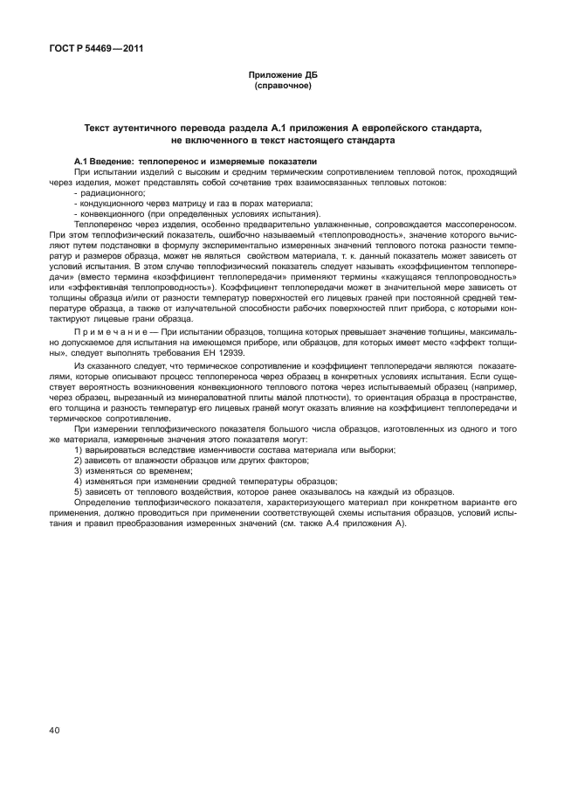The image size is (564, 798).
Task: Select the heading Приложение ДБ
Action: (x=282, y=77)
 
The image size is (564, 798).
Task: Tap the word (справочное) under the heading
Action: (x=282, y=87)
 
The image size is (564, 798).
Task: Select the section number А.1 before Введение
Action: (x=83, y=163)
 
